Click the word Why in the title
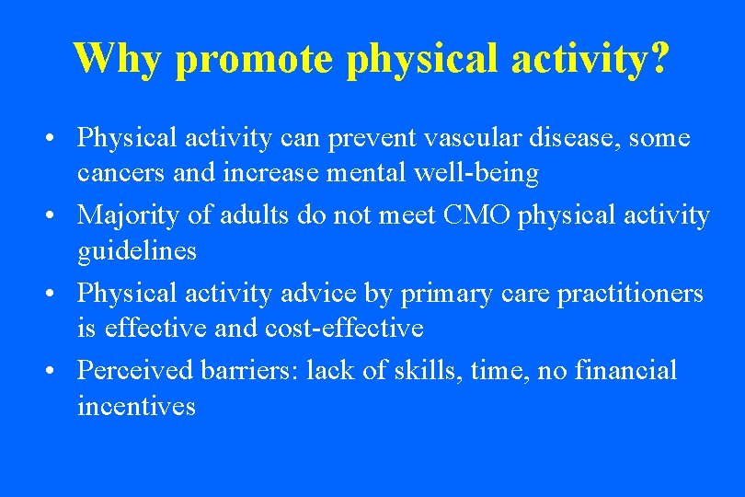coord(118,58)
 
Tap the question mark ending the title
coord(657,58)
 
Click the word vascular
coord(464,138)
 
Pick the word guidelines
coord(137,250)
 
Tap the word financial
coord(625,370)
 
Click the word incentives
coord(136,405)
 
